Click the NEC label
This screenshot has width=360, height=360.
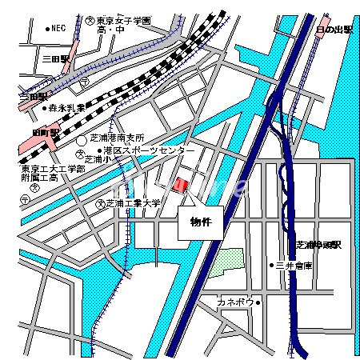[x=58, y=28]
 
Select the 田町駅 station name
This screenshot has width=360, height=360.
[x=46, y=132]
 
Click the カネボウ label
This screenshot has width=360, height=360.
[x=235, y=302]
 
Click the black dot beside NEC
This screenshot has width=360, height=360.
[x=48, y=28]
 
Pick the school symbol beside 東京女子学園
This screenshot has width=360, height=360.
[x=90, y=18]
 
